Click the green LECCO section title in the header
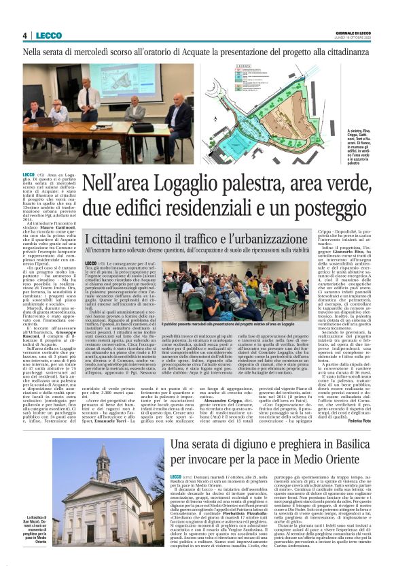click(x=48, y=35)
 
